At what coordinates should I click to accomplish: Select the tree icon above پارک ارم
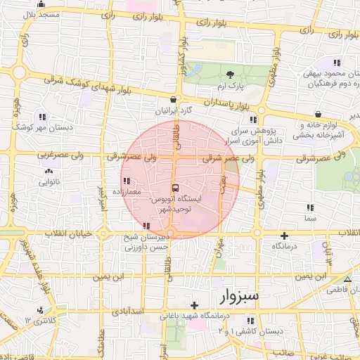[x=230, y=74]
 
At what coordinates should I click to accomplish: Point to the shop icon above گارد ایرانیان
[x=174, y=100]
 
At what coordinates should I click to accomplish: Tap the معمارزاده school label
[x=126, y=191]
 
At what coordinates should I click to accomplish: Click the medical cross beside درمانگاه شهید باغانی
[x=194, y=304]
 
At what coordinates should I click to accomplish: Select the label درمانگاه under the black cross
[x=284, y=247]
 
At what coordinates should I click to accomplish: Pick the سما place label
[x=309, y=219]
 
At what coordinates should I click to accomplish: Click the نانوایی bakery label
[x=49, y=182]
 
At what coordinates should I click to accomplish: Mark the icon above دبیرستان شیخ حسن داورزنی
[x=146, y=226]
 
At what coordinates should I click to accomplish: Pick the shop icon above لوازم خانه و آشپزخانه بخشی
[x=319, y=113]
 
